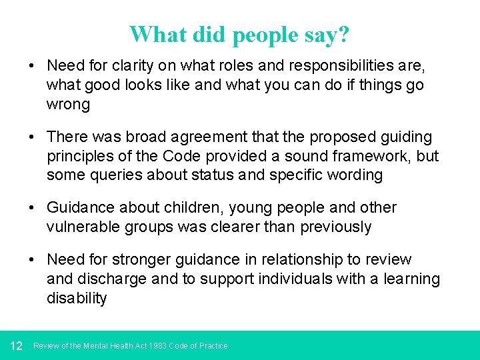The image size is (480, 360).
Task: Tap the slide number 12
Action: (17, 345)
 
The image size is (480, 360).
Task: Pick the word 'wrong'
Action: (68, 105)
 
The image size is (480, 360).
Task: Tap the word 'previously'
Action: (336, 227)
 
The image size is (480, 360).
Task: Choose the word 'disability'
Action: (77, 299)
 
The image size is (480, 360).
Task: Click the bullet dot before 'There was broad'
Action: (33, 137)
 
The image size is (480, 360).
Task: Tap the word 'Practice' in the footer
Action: (213, 346)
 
